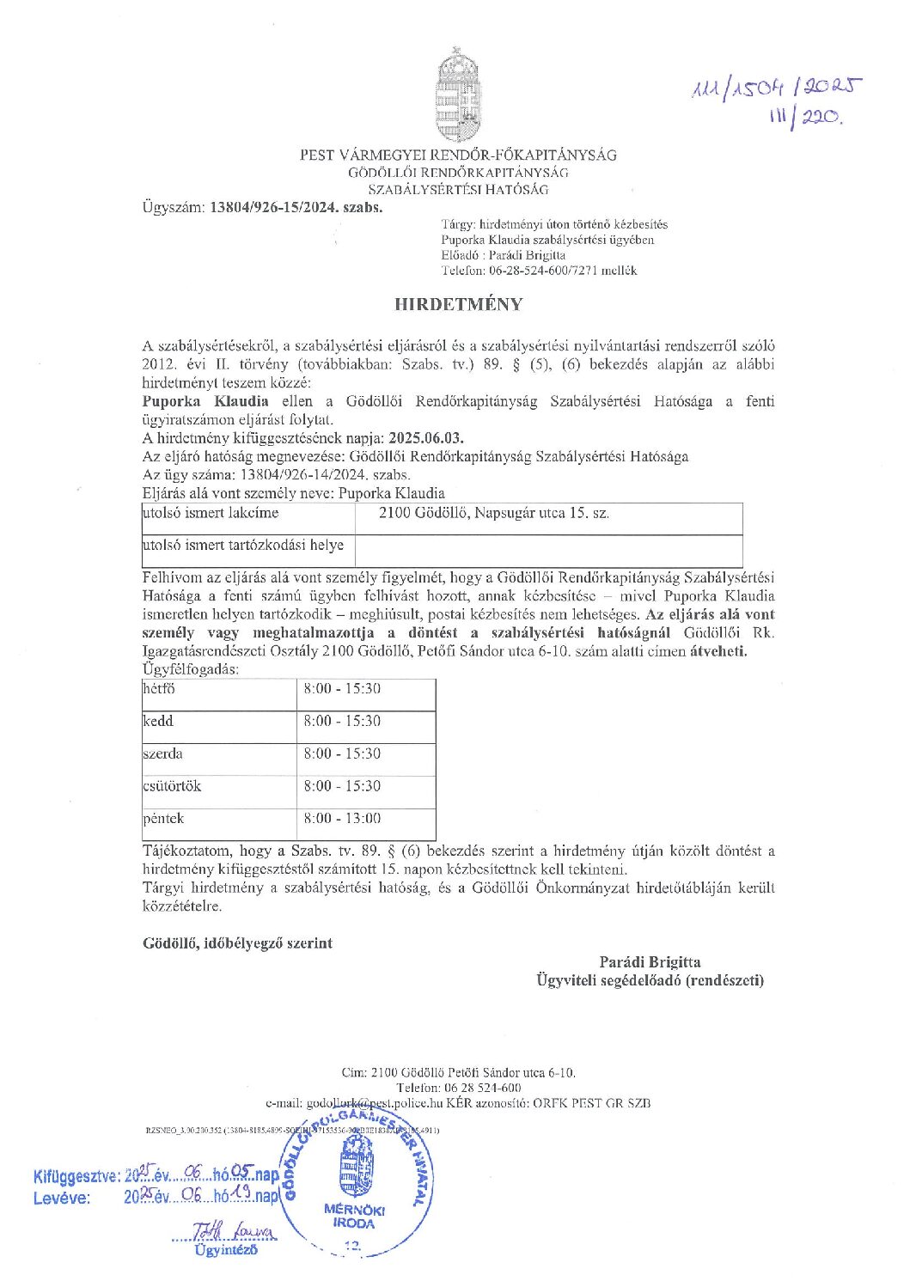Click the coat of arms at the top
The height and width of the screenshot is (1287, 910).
point(457,95)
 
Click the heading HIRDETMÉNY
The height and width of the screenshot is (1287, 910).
point(458,304)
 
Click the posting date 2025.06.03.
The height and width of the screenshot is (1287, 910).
point(426,438)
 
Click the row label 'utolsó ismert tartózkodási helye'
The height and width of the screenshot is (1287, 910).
point(243,546)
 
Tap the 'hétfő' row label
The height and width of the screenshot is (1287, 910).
point(159,689)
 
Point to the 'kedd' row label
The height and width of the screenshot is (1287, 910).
point(158,722)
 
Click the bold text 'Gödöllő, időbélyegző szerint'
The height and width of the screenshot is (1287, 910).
point(237,943)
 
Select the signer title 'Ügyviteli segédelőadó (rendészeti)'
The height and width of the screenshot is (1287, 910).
point(650,980)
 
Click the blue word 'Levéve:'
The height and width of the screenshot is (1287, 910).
point(62,1198)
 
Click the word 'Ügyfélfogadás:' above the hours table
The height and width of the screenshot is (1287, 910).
point(191,669)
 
